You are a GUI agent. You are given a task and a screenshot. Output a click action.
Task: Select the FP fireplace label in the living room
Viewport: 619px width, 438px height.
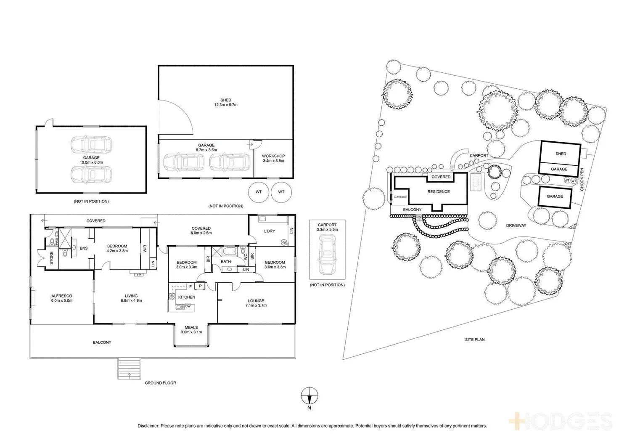[139, 275]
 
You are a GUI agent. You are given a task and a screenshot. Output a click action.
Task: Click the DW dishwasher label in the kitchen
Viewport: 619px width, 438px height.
[188, 306]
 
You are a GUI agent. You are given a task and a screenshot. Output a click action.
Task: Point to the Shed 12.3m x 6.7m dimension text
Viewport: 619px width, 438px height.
[226, 105]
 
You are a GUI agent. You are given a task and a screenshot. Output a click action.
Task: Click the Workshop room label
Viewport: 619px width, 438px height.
[273, 156]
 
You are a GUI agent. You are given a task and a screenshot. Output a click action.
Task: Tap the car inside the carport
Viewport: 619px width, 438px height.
[327, 255]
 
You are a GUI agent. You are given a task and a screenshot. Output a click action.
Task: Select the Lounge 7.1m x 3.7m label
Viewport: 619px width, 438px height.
[256, 303]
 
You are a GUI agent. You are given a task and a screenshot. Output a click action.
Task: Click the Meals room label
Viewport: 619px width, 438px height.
[191, 327]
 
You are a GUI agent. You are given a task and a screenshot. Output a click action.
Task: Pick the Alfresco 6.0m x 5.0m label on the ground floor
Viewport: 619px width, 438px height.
[62, 298]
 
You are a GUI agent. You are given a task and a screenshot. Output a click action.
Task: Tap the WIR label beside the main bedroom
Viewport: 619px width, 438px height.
[145, 249]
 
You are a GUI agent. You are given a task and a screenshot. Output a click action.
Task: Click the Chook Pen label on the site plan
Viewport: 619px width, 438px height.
[582, 180]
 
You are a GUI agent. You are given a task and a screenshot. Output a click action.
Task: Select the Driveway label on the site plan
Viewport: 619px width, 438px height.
[516, 226]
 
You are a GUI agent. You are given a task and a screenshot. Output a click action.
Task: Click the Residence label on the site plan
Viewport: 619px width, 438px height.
[439, 191]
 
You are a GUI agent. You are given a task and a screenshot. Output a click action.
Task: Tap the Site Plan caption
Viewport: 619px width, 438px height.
[475, 340]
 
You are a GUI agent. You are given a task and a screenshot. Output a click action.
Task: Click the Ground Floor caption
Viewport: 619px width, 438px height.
[160, 383]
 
